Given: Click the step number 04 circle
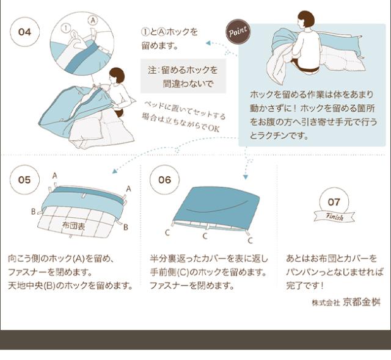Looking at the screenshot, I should tap(24, 32).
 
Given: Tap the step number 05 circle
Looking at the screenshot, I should tap(24, 180).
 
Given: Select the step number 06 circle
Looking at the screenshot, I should tap(164, 180).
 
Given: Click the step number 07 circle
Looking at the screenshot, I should tap(334, 201).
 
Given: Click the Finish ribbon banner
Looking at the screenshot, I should tap(334, 217).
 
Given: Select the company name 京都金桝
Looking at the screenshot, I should tap(362, 302).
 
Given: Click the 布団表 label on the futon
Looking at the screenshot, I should tap(75, 225).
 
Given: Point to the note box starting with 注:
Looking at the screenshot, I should tap(183, 76).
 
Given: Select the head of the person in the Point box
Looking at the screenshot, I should tap(305, 20).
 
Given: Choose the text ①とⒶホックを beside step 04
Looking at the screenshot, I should tap(169, 32).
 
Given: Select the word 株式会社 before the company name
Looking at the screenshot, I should tap(326, 303).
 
